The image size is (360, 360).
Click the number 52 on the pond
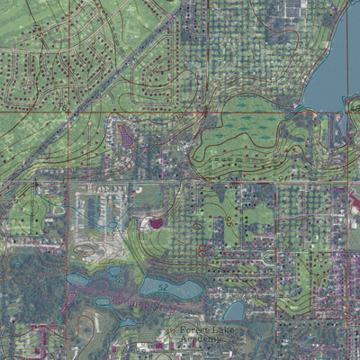pos(163,286)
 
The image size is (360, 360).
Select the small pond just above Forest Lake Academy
pos(234,310)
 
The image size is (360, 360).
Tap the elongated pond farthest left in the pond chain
pos(77,280)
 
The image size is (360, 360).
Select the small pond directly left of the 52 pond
pos(115,273)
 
